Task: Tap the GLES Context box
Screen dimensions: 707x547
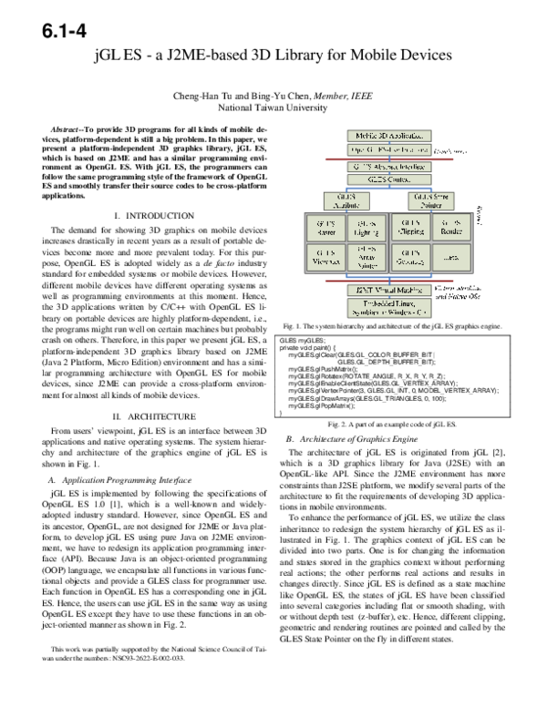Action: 387,179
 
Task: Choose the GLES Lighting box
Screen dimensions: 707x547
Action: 366,227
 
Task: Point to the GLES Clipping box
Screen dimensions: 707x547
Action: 410,227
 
